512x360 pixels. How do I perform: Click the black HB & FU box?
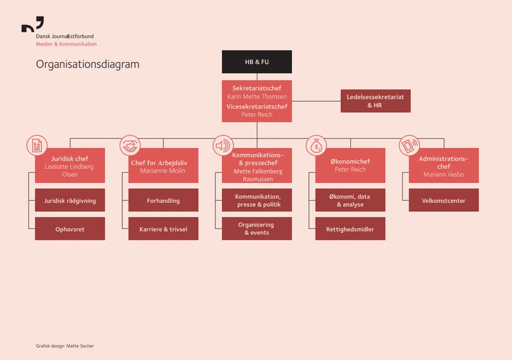tap(257, 62)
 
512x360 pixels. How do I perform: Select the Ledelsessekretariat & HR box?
tap(375, 101)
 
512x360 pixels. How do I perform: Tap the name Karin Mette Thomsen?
tap(257, 97)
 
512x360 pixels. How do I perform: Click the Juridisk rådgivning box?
tap(70, 200)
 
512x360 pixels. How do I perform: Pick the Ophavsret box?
tap(70, 229)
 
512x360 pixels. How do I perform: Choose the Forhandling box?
tap(163, 200)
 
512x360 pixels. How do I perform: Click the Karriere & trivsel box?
tap(163, 229)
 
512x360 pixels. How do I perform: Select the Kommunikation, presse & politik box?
tap(257, 200)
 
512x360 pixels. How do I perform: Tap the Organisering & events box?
tap(257, 229)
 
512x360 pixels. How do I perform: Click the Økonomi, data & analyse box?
tap(350, 200)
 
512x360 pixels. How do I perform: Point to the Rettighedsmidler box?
tap(350, 229)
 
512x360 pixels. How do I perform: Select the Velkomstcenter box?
tap(443, 200)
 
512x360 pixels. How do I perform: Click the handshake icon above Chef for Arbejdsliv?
tap(130, 146)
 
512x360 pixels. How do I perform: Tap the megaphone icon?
tap(223, 146)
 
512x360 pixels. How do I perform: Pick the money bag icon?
tap(316, 146)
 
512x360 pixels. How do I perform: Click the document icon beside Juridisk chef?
tap(37, 146)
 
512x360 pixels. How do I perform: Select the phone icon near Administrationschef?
tap(409, 146)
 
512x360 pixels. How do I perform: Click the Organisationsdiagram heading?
tap(88, 65)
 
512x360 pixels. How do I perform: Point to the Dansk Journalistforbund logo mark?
tap(33, 25)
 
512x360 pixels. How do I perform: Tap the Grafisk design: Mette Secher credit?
tap(65, 346)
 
